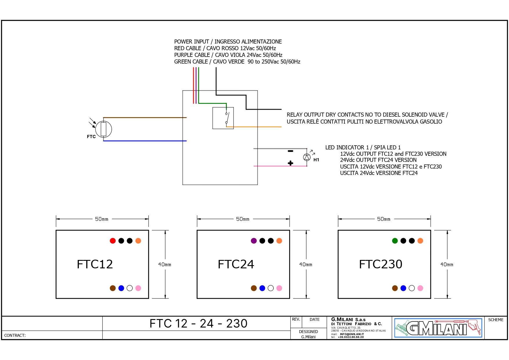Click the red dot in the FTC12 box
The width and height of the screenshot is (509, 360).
(x=113, y=241)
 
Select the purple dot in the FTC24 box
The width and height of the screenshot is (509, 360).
(x=254, y=241)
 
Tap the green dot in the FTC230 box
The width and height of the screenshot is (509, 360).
(x=395, y=241)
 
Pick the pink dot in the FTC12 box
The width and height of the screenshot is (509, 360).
(x=138, y=288)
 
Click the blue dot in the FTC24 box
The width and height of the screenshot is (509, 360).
(x=262, y=288)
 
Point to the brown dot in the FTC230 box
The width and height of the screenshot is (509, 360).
(x=395, y=288)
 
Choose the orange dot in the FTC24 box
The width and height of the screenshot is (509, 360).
(x=279, y=241)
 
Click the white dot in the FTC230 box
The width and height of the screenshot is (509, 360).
(x=412, y=288)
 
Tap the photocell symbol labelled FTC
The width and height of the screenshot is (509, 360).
(x=104, y=129)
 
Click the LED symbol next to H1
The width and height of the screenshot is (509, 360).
(x=307, y=157)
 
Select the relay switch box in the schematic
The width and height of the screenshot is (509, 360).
(x=223, y=118)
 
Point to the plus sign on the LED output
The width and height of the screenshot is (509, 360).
(x=290, y=163)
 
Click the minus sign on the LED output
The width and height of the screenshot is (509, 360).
(x=290, y=151)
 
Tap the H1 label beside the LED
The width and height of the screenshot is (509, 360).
(x=316, y=160)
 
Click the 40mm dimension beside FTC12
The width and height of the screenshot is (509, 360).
(x=164, y=265)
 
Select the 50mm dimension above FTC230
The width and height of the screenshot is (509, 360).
(x=383, y=219)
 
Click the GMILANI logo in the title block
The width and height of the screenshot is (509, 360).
(x=438, y=328)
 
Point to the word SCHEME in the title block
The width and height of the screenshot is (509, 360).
(x=496, y=320)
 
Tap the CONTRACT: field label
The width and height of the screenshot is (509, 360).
(x=15, y=335)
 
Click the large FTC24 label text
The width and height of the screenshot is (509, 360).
(x=236, y=264)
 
